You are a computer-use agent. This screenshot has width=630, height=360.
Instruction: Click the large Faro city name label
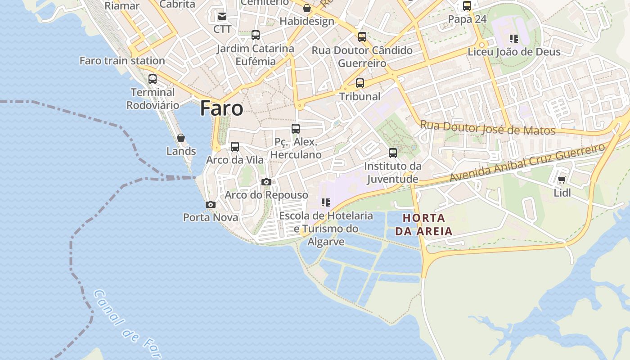click(221, 108)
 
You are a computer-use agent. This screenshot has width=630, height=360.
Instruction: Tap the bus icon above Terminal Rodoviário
click(153, 79)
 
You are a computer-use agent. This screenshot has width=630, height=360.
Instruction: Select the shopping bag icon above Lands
click(181, 138)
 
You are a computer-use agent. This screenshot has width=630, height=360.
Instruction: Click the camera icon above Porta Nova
click(210, 205)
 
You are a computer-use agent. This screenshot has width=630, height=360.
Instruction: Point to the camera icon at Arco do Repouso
click(266, 182)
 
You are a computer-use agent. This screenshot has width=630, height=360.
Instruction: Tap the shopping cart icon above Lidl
click(562, 180)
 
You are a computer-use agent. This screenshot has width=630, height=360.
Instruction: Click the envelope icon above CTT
click(222, 16)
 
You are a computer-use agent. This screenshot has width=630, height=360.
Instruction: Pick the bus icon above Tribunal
click(360, 83)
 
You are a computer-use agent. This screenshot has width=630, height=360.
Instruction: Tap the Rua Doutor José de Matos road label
click(487, 128)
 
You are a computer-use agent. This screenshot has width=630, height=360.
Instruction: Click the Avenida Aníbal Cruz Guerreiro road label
click(527, 162)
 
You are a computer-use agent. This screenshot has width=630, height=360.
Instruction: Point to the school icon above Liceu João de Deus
click(513, 39)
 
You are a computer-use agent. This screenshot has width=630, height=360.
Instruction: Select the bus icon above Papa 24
click(467, 6)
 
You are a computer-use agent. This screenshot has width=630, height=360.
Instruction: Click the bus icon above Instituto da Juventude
click(393, 153)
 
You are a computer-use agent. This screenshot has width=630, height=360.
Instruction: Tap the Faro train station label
click(122, 60)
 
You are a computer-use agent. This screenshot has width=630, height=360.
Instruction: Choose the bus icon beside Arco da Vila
click(234, 147)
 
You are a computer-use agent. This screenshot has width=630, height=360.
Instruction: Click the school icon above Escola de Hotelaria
click(326, 202)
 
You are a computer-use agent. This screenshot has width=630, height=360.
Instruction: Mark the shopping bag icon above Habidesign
click(307, 8)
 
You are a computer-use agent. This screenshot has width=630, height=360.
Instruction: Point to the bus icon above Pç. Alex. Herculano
click(296, 129)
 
